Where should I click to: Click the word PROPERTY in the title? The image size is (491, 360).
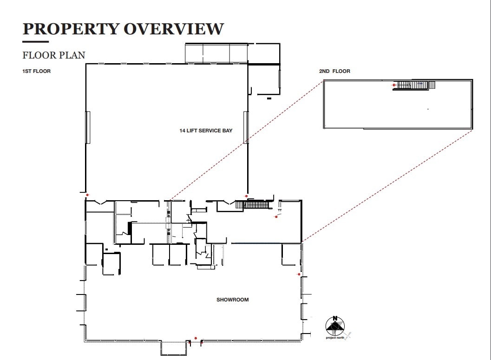click(x=71, y=29)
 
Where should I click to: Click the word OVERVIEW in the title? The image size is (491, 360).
click(x=173, y=29)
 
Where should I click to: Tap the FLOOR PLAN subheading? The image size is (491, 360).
click(x=54, y=55)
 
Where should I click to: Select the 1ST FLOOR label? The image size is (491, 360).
click(x=36, y=71)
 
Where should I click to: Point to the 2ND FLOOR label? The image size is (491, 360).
click(x=334, y=71)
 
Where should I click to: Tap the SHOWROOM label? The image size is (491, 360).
click(x=232, y=300)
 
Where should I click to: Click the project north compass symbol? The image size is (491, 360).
click(x=335, y=326)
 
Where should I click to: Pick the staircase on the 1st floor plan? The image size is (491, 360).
click(x=254, y=204)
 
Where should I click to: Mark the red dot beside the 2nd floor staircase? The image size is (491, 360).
click(x=394, y=85)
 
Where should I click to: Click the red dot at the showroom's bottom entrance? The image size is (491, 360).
click(x=196, y=338)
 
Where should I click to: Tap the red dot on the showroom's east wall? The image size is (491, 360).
click(x=299, y=275)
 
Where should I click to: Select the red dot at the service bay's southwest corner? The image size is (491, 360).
click(x=87, y=195)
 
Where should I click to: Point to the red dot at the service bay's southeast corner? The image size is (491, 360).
click(x=246, y=196)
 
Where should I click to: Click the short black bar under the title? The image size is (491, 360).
click(x=35, y=42)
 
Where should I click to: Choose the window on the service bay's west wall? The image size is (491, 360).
click(x=88, y=127)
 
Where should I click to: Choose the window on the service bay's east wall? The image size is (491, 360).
click(x=245, y=127)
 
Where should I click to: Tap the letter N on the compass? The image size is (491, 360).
click(x=335, y=319)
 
